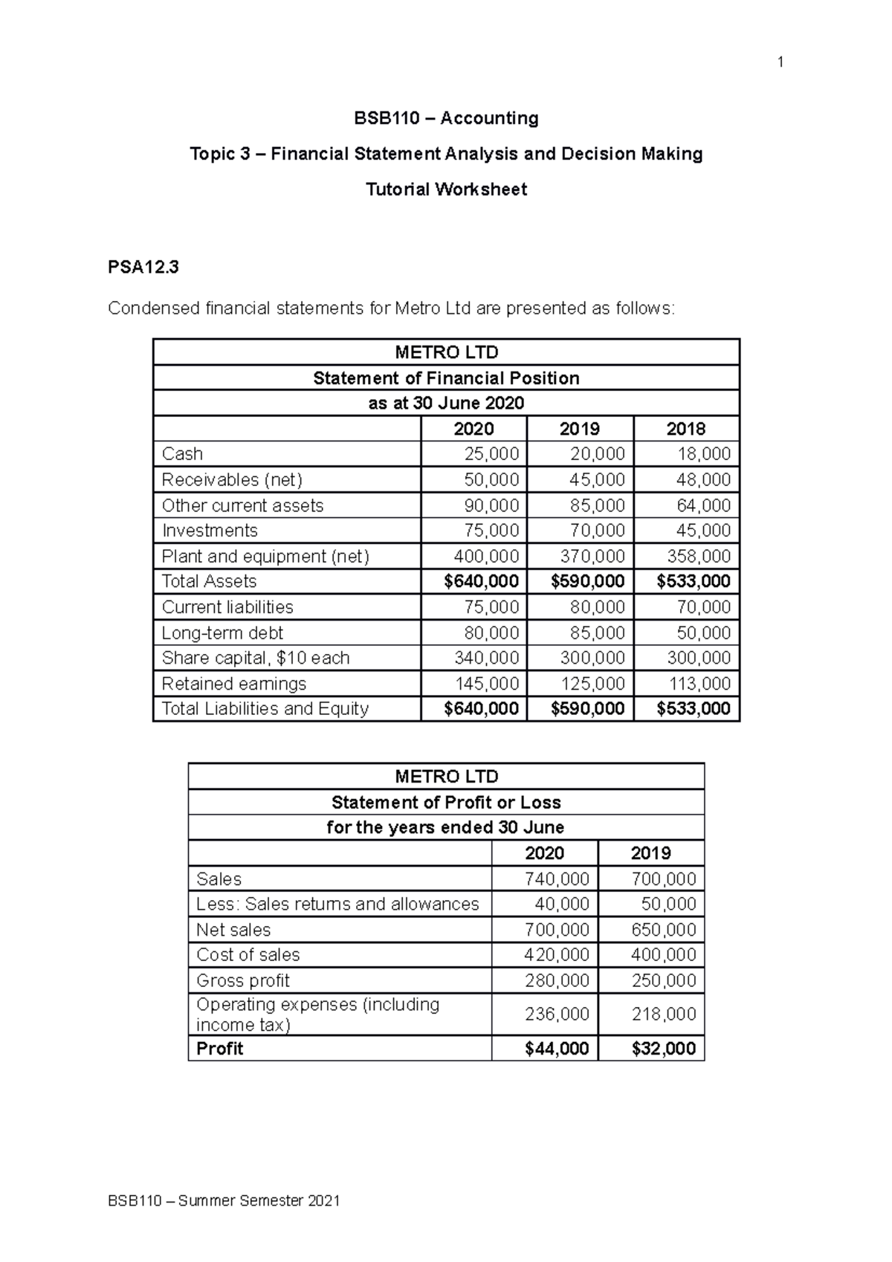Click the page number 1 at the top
coord(780,63)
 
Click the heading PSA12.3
coord(143,268)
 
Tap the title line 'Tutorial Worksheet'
coord(446,190)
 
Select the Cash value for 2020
coord(491,454)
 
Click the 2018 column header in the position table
coord(685,429)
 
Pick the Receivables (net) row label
coord(232,479)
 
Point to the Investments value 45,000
coord(703,531)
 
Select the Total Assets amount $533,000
coord(693,581)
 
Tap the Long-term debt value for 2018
coord(703,633)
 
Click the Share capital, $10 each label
coord(256,658)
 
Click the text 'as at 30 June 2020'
coord(446,404)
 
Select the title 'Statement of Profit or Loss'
coord(446,803)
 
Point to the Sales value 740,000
coord(557,879)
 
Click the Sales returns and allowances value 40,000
coord(562,905)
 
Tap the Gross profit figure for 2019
coord(663,981)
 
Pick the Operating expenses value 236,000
coord(557,1015)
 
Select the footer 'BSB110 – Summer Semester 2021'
coord(224,1201)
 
